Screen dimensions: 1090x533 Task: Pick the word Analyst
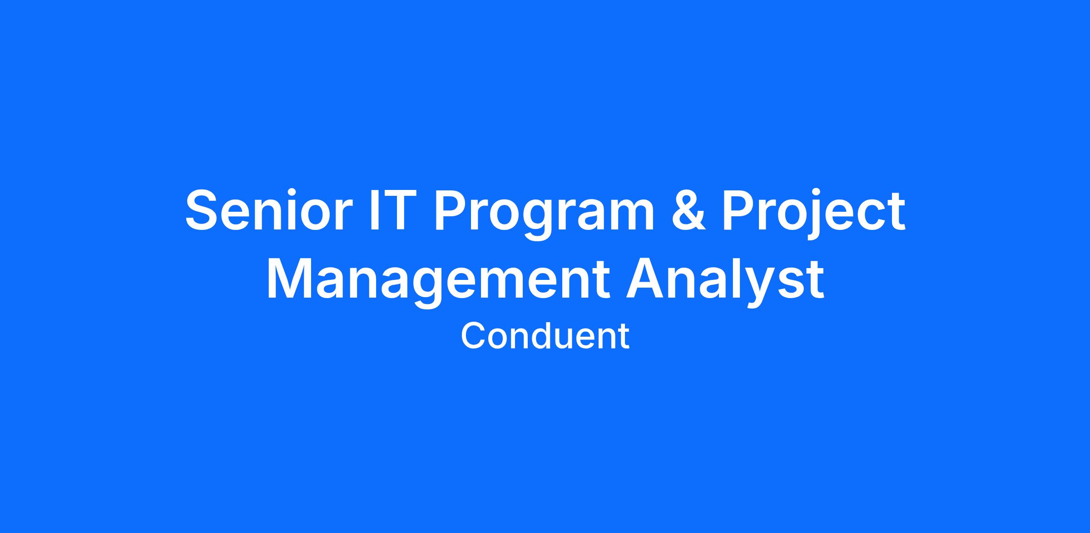725,282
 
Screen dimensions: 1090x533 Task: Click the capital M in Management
291,279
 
